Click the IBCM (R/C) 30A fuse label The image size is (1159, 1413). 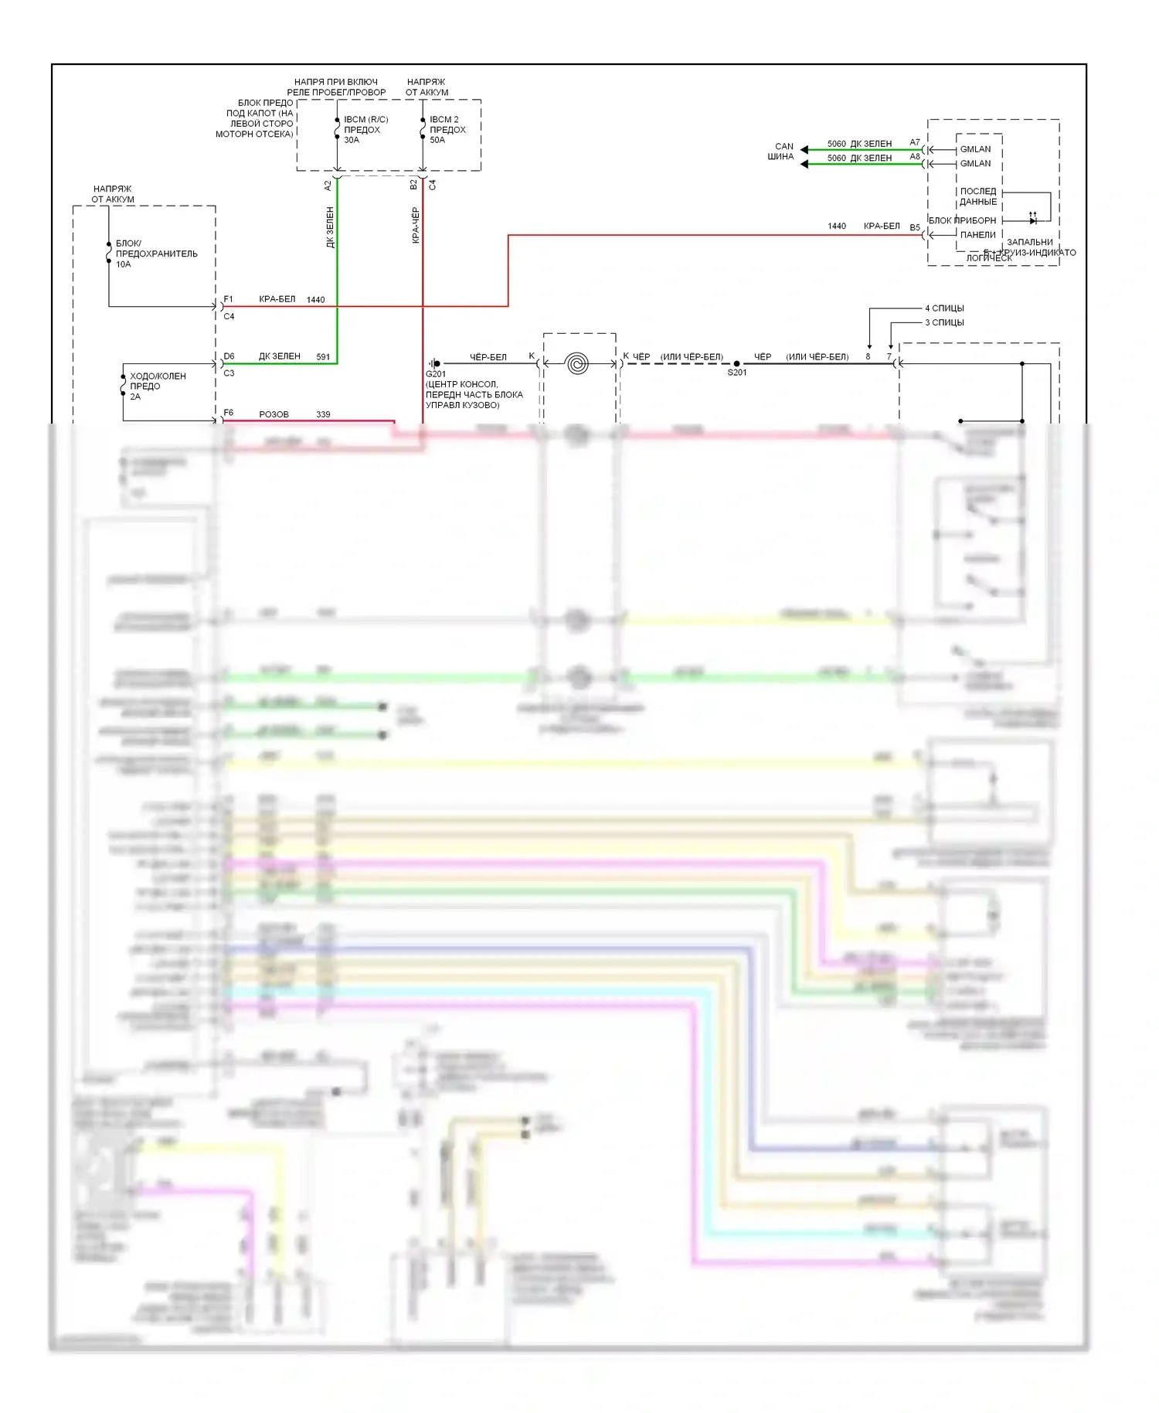point(365,130)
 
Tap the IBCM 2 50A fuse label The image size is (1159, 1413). point(447,130)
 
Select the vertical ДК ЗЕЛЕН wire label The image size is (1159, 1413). point(330,227)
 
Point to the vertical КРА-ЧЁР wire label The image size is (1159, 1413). point(416,226)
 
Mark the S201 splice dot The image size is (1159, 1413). point(736,363)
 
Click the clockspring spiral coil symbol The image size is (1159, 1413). point(578,363)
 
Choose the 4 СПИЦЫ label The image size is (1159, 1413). point(944,308)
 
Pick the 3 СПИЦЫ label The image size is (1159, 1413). point(944,322)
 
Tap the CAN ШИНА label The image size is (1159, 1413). point(781,151)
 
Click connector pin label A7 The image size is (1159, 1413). point(915,142)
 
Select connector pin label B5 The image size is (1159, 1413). point(915,227)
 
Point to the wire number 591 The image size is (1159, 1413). point(323,357)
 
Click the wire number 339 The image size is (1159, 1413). point(323,414)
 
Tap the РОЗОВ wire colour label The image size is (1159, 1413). point(274,414)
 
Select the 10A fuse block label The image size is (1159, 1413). point(155,254)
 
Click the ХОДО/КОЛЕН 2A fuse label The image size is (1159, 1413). point(157,386)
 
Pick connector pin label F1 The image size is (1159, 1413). point(228,299)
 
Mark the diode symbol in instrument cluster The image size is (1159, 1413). point(1032,220)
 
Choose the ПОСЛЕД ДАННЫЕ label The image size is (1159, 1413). point(977,196)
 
